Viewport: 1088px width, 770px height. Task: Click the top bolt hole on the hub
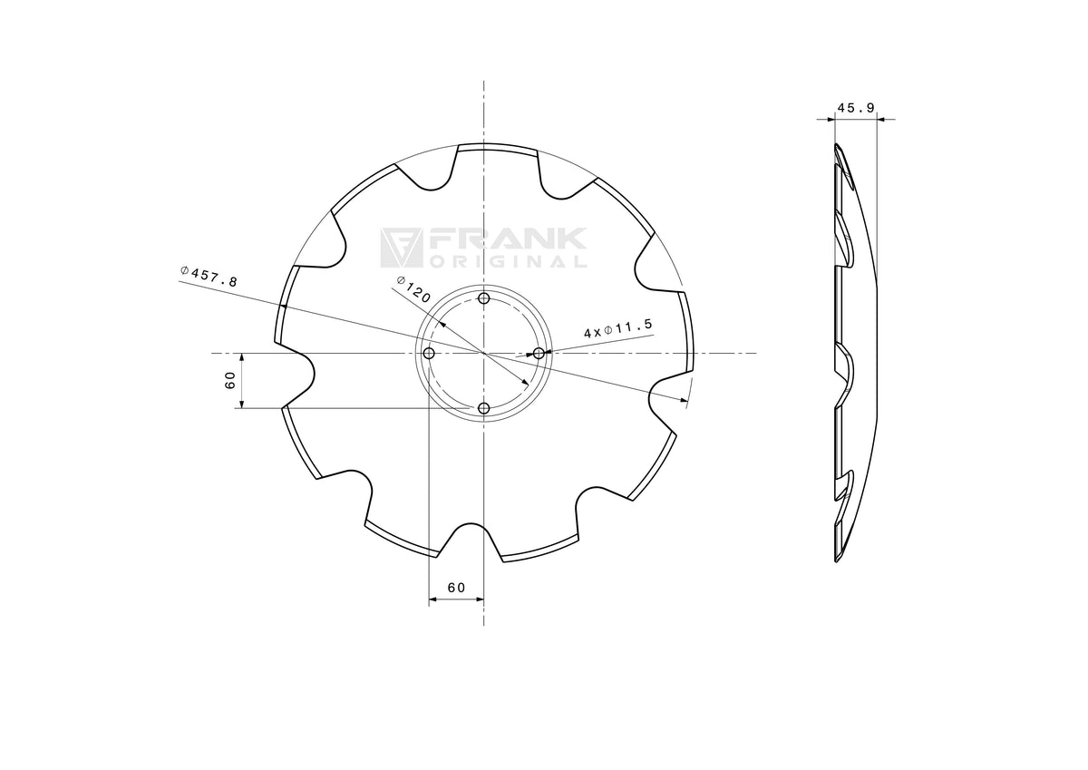pyautogui.click(x=483, y=298)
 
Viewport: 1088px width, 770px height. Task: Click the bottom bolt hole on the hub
pyautogui.click(x=483, y=408)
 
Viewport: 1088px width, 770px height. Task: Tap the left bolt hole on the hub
pyautogui.click(x=429, y=353)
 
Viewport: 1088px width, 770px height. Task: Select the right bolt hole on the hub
pyautogui.click(x=539, y=353)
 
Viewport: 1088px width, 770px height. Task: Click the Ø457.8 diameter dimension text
pyautogui.click(x=209, y=277)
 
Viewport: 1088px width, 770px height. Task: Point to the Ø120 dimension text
pyautogui.click(x=413, y=289)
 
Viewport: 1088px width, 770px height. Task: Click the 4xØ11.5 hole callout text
pyautogui.click(x=618, y=328)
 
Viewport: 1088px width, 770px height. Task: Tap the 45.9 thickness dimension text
pyautogui.click(x=855, y=107)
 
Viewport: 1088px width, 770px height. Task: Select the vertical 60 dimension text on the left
pyautogui.click(x=230, y=380)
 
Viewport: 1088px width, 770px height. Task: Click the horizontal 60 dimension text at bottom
pyautogui.click(x=456, y=588)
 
